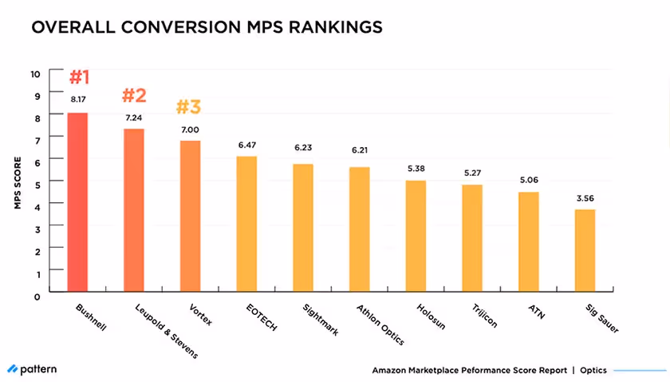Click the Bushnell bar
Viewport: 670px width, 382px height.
77,203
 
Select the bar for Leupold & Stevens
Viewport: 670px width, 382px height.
134,211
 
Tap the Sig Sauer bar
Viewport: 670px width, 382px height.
585,252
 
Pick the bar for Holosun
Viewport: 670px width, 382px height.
416,237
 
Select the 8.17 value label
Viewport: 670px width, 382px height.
77,100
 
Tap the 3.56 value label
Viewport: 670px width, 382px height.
585,197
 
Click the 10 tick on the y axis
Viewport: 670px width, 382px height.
34,74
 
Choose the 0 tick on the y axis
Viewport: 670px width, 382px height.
36,295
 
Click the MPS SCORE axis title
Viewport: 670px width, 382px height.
16,184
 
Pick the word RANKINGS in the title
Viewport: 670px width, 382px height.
327,26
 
